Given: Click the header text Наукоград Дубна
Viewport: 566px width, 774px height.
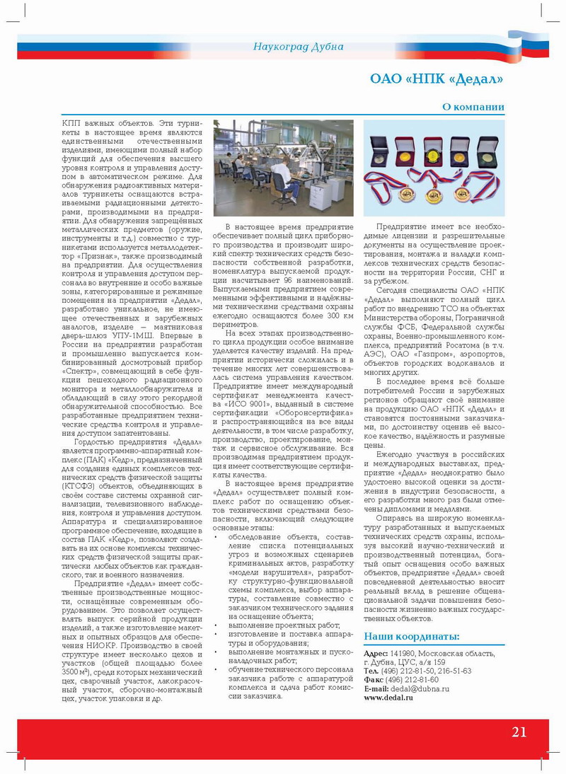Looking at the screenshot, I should (x=298, y=47).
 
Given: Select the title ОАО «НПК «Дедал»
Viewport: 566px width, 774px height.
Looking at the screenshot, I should (x=437, y=79).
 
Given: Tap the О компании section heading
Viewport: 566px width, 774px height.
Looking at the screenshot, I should (x=473, y=108).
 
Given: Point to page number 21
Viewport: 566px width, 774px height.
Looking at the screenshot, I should (x=519, y=732).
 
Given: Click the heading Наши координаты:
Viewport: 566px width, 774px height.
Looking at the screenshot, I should (x=411, y=636).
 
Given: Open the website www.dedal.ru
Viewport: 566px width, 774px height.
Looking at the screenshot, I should (x=388, y=697).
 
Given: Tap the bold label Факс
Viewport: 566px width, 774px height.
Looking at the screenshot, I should (x=373, y=679).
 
